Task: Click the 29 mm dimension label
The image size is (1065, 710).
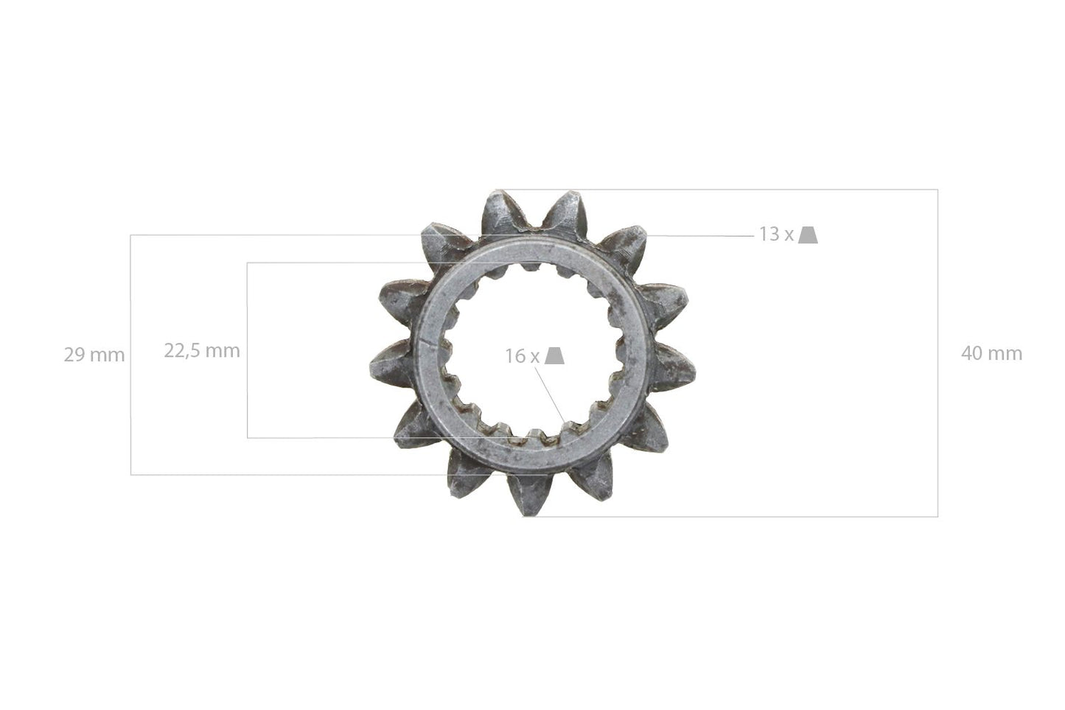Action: (x=94, y=355)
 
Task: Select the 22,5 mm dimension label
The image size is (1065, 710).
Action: (x=201, y=351)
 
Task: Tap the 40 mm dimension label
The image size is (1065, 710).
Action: (x=991, y=354)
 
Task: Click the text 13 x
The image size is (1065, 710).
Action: (x=776, y=234)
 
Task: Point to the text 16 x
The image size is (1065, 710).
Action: (x=522, y=356)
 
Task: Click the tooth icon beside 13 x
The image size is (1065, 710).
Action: (x=809, y=234)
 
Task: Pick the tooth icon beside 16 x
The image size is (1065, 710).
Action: (x=555, y=355)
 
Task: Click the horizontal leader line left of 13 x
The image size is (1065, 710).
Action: (x=700, y=235)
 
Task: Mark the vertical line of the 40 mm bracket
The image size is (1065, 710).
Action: (x=937, y=354)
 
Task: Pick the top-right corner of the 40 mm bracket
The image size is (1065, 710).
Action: (x=937, y=189)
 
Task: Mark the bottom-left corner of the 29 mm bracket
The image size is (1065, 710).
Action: (x=131, y=475)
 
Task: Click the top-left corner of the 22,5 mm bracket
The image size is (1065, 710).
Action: (x=248, y=262)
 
